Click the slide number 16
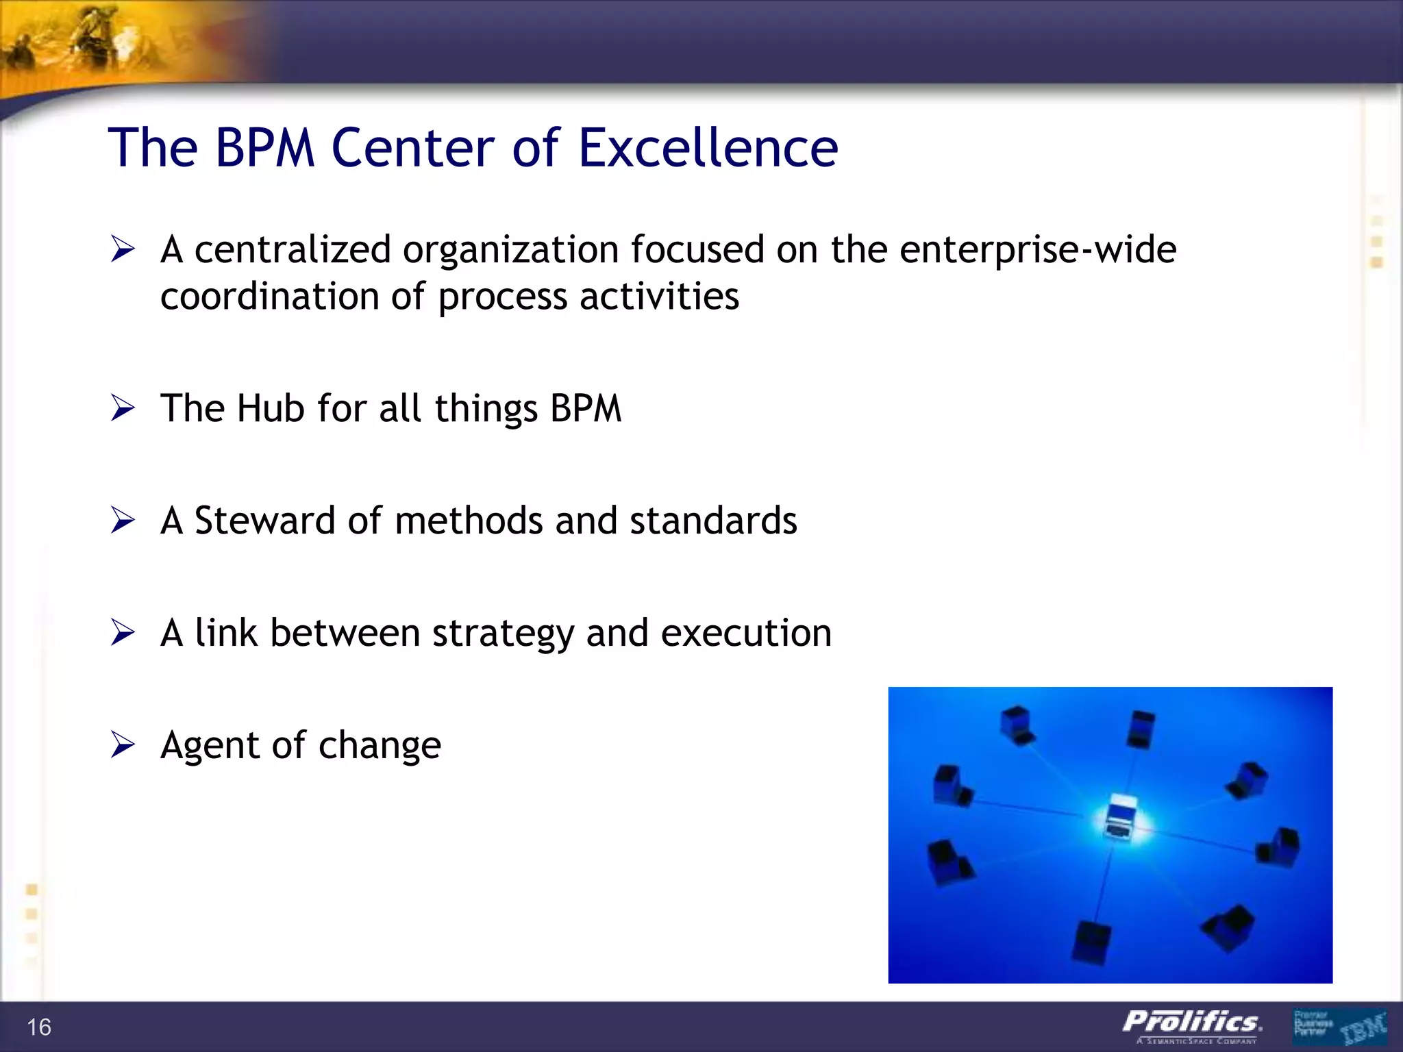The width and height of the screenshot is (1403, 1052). [39, 1027]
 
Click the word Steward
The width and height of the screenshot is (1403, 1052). [264, 521]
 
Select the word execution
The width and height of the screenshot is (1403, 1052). [746, 633]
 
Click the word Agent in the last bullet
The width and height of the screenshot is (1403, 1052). [210, 746]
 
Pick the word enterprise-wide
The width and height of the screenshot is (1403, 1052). [1038, 249]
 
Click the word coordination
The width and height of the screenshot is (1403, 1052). [269, 297]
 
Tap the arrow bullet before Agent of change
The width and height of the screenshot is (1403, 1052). [123, 745]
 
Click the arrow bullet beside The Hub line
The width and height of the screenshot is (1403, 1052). [123, 409]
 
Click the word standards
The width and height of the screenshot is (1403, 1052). [713, 521]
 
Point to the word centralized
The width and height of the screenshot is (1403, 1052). [293, 249]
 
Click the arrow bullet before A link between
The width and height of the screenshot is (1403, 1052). [123, 633]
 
